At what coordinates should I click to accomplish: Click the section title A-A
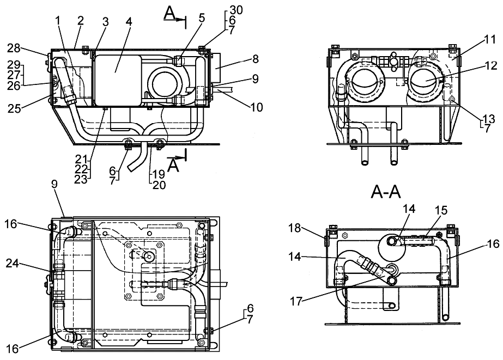tap(387, 193)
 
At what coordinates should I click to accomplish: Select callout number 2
tap(81, 21)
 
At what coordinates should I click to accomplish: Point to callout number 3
tap(106, 22)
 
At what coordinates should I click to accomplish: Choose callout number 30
tap(236, 10)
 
